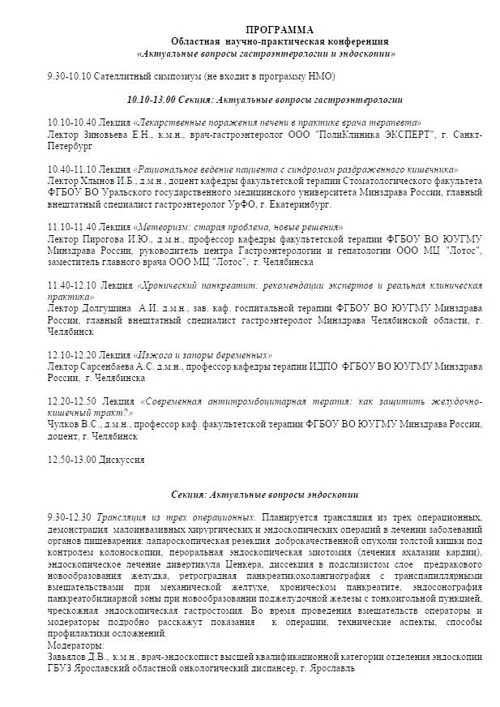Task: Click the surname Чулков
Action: tap(65, 424)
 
